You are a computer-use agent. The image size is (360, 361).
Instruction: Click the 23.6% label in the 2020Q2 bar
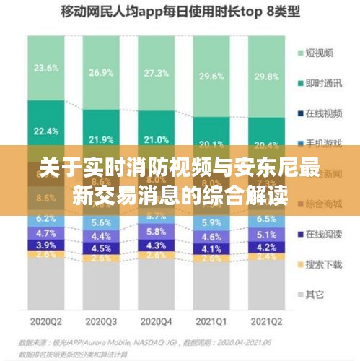46,69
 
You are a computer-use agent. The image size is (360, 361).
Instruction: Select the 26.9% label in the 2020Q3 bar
101,74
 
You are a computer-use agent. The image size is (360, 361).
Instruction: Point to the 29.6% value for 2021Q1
211,77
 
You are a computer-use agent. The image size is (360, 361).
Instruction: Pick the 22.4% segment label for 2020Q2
46,131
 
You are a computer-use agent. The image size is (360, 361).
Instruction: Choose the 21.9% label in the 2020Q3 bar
101,139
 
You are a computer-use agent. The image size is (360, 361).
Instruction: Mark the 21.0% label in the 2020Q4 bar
157,140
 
